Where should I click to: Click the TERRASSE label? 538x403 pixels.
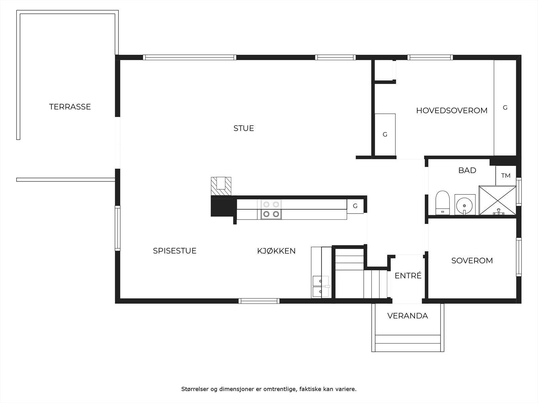coord(70,107)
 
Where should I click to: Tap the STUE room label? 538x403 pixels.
coord(243,128)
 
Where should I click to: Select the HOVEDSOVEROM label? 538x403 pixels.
coord(452,110)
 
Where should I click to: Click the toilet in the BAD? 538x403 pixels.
coord(442,203)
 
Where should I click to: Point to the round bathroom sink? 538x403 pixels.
coord(465,204)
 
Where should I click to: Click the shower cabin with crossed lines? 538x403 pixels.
coord(497,200)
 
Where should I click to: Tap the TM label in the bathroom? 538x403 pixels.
coord(505,176)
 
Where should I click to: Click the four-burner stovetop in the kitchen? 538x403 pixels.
coord(271,209)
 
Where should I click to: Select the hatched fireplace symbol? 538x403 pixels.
coord(221,186)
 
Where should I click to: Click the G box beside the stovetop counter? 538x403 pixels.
coord(355,206)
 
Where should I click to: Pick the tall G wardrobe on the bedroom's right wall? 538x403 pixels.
coord(505,108)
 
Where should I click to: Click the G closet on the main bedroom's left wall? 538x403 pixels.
coord(385,135)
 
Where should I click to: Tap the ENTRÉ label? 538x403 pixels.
coord(408,276)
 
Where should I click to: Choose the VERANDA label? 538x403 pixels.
coord(408,316)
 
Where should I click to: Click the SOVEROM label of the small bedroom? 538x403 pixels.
coord(472,261)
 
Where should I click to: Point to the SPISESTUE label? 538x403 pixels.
coord(175,251)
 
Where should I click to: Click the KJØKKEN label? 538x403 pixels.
coord(276,251)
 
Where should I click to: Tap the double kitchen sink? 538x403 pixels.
coord(320,286)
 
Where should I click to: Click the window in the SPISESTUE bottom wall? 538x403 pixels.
coord(259,301)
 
